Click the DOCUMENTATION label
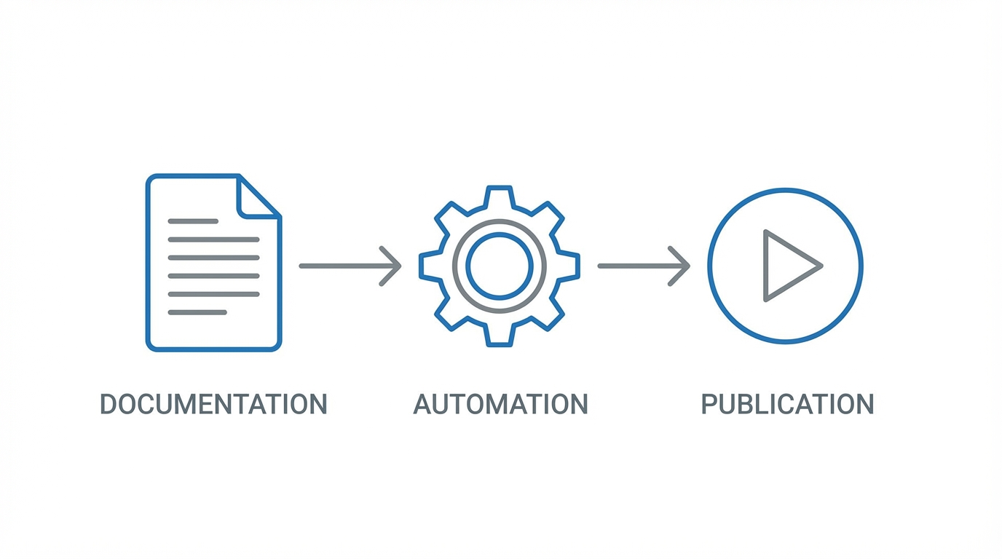[x=213, y=404]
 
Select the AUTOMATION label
[x=500, y=404]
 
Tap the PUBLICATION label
[x=787, y=404]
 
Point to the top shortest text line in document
[x=193, y=221]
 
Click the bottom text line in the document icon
[x=197, y=312]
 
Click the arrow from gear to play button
[x=641, y=266]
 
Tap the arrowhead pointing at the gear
[x=393, y=266]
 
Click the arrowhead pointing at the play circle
[x=682, y=266]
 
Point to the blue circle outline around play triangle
[x=786, y=190]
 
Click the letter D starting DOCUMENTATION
[x=109, y=404]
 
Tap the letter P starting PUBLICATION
[x=709, y=404]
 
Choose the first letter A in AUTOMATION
[x=423, y=404]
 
